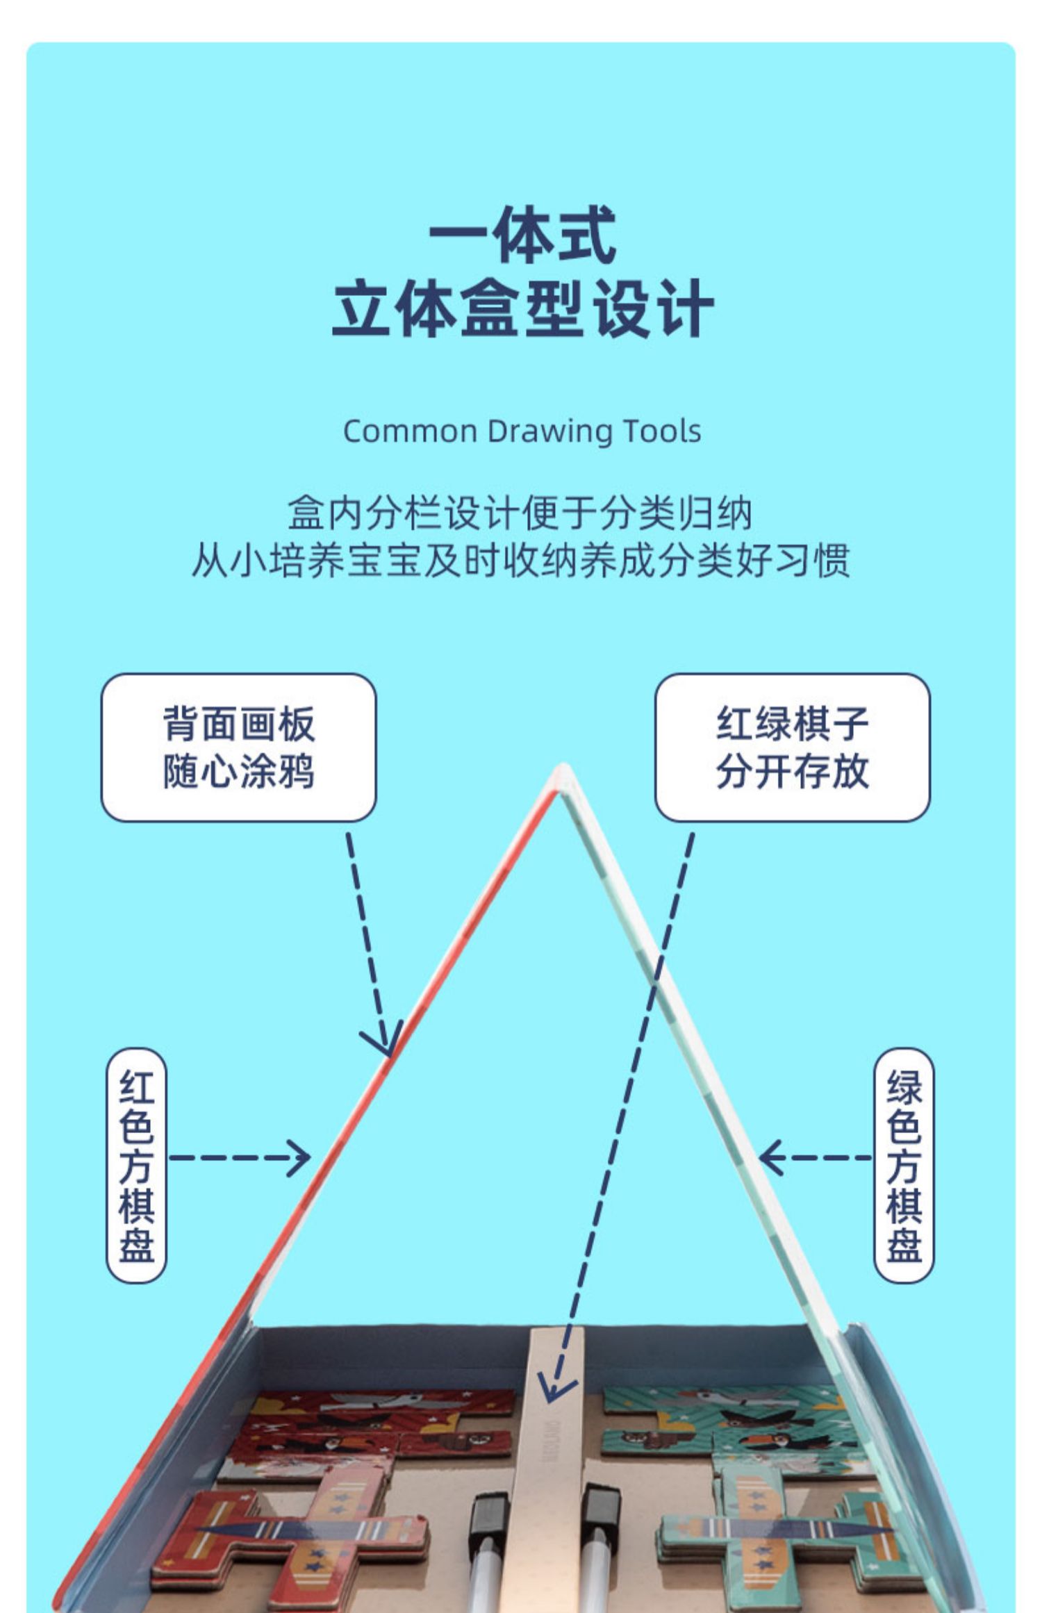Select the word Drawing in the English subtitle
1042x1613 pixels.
pos(549,431)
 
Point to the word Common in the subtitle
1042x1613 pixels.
pos(410,431)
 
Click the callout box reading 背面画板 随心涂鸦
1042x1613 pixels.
pos(238,747)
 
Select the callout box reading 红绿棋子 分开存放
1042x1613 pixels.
pos(792,747)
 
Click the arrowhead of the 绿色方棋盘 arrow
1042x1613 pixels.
pos(768,1158)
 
